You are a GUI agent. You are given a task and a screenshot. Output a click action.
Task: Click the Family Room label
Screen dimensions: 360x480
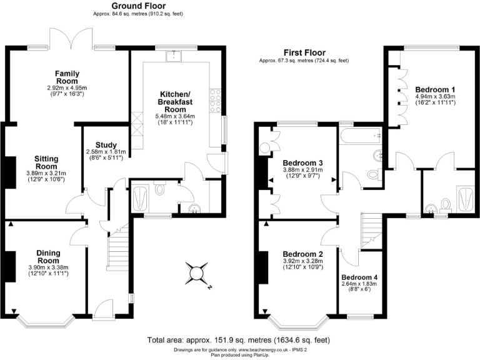click(x=66, y=77)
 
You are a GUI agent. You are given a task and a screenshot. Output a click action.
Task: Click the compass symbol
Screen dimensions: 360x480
click(x=198, y=273)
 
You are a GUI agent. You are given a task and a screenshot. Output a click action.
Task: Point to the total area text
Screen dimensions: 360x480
click(x=238, y=340)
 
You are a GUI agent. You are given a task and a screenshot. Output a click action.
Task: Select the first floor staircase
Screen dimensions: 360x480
click(x=371, y=230)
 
